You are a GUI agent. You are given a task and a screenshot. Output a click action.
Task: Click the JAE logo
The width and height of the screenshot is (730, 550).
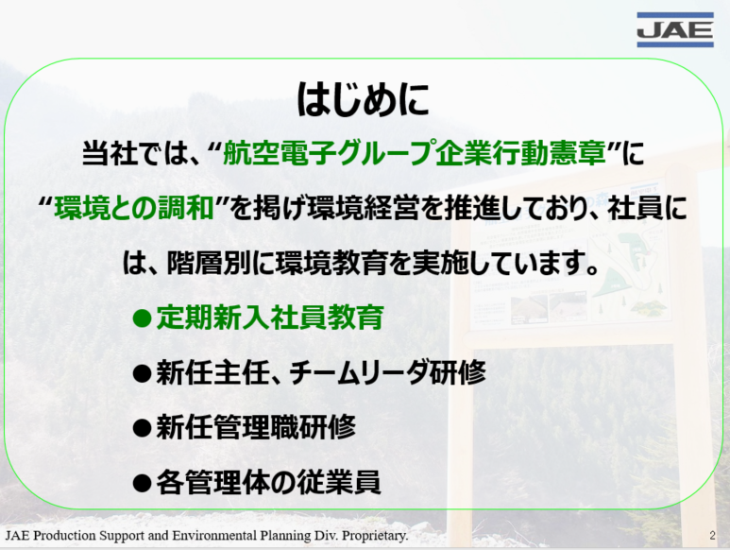[x=675, y=30]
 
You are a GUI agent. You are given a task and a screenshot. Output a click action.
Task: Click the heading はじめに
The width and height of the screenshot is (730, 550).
[x=364, y=99]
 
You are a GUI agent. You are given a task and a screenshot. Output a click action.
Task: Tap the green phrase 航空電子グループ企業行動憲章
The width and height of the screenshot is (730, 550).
[x=415, y=153]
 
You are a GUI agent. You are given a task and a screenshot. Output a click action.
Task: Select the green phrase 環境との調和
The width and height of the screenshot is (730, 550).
[x=133, y=208]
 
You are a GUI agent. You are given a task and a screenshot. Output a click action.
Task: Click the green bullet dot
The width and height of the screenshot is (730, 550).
[x=142, y=319]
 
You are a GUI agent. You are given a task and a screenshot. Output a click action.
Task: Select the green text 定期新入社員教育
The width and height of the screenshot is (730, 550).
[x=270, y=318]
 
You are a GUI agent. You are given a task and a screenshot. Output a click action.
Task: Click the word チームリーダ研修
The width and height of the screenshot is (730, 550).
[x=387, y=372]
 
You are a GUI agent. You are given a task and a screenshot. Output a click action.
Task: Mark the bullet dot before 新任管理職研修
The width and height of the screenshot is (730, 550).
[x=142, y=428]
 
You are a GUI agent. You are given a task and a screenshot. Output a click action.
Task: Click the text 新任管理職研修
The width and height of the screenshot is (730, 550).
[x=256, y=427]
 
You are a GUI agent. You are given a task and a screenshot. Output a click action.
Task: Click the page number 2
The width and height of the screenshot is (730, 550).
[x=712, y=536]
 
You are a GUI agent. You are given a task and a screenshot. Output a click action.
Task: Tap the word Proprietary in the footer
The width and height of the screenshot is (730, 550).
[x=375, y=536]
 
